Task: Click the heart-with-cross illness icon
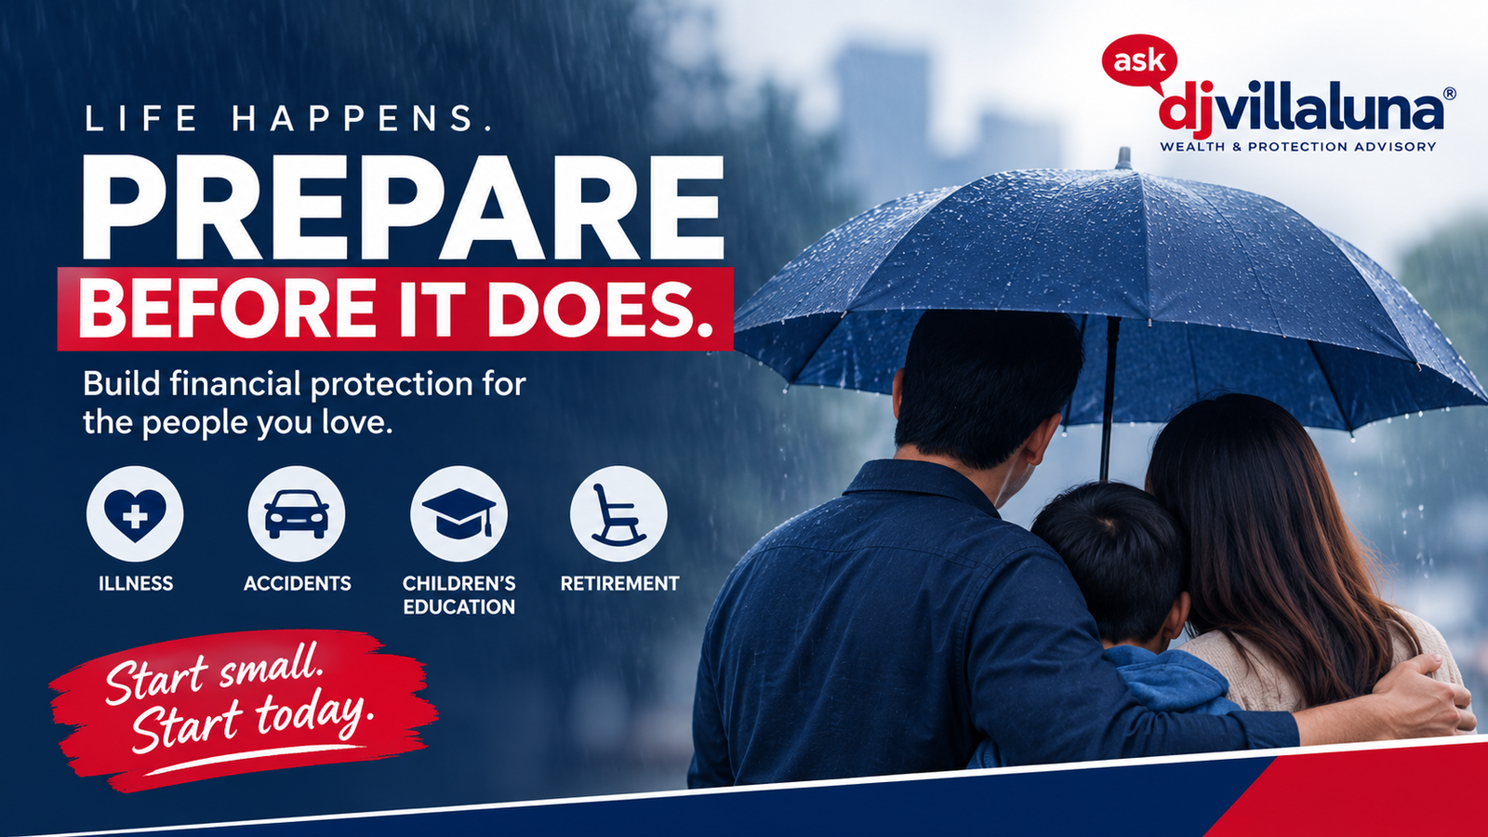135,514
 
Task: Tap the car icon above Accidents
297,514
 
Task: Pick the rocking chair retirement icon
618,514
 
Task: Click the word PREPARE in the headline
403,208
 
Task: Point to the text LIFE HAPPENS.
287,119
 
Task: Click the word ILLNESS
136,583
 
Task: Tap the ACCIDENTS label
297,583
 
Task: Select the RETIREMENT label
619,583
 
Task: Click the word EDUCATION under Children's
459,606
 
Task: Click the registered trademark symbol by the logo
1450,94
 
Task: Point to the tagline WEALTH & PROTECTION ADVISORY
1298,146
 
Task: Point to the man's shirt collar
923,485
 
